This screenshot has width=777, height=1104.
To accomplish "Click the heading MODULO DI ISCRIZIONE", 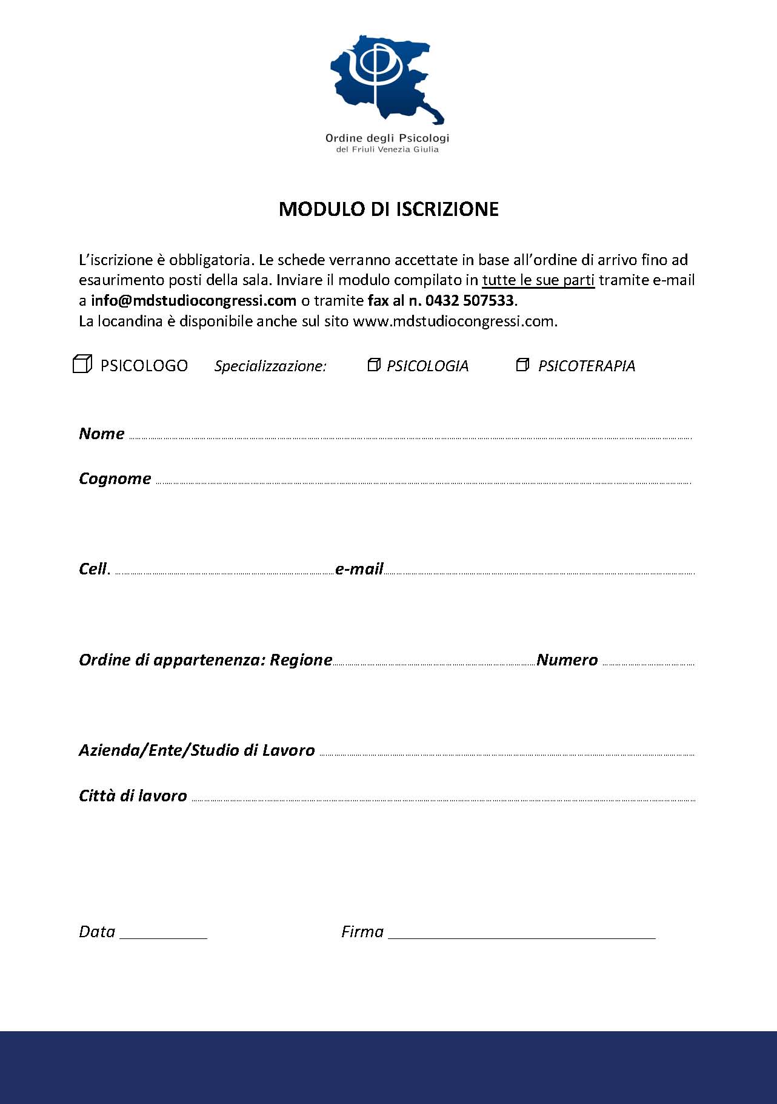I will (388, 209).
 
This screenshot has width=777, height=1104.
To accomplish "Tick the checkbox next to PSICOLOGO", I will (82, 364).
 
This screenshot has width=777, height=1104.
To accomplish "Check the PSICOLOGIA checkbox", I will (374, 365).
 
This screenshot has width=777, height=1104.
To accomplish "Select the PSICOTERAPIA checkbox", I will (522, 365).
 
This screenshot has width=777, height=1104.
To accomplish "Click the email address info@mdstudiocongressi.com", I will (193, 301).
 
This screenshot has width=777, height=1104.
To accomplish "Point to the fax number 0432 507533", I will (469, 301).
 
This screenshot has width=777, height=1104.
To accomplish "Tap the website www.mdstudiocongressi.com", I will (454, 321).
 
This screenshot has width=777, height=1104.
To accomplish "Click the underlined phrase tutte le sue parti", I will (538, 280).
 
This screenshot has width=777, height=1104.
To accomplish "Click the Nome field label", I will (102, 434).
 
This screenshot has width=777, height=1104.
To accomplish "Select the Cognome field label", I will (115, 479).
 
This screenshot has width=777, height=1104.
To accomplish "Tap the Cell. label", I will (94, 569).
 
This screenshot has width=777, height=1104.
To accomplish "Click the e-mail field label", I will (359, 569).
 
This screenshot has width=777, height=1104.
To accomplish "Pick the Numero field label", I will (567, 660).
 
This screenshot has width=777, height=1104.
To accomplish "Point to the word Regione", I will (301, 660).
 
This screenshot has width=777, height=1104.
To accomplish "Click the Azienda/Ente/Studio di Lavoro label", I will (197, 750).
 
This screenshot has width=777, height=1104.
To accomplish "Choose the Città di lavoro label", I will (133, 796).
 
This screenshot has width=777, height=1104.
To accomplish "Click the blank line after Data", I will (164, 934).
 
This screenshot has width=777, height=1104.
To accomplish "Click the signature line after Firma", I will (521, 934).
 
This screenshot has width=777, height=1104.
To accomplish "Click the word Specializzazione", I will (270, 366).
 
